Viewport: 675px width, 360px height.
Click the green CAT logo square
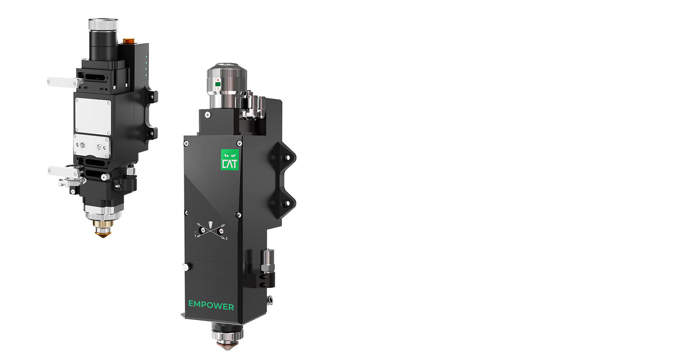pos(230,160)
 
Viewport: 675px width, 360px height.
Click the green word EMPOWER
pos(211,305)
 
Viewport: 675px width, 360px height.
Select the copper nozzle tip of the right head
pos(227,346)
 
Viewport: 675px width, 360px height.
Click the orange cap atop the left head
pos(128,40)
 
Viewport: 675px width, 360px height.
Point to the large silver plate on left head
pos(93,117)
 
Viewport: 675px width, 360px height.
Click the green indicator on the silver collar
pos(217,84)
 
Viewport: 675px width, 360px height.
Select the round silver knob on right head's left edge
pos(186,267)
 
